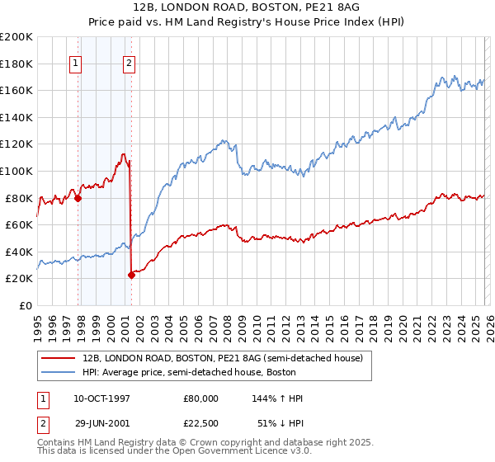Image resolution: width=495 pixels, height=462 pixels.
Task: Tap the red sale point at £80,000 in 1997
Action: (78, 198)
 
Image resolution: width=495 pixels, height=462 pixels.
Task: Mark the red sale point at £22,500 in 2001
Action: (131, 276)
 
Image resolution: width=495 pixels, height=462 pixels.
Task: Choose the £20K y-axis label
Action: (19, 279)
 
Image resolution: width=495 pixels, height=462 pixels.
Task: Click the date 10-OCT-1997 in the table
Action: (101, 398)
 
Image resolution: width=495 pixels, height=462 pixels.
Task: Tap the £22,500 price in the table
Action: (201, 425)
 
